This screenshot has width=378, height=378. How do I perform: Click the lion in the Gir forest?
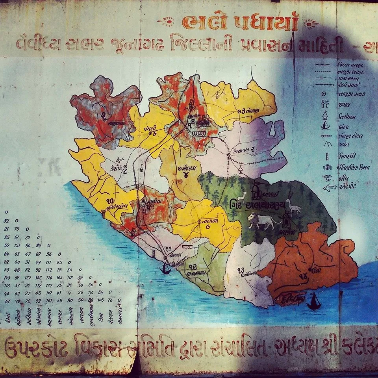coord(261,221)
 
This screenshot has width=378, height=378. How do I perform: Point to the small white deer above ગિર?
coord(241,196)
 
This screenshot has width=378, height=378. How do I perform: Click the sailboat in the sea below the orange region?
coord(313,302)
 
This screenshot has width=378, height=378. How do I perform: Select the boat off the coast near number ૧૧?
coord(165,269)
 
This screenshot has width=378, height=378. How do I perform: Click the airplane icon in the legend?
coord(330,187)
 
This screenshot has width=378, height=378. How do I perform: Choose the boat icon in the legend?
coord(325,126)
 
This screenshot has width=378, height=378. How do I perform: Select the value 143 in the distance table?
coord(6,278)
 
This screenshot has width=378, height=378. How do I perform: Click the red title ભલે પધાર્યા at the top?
coord(240,23)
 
